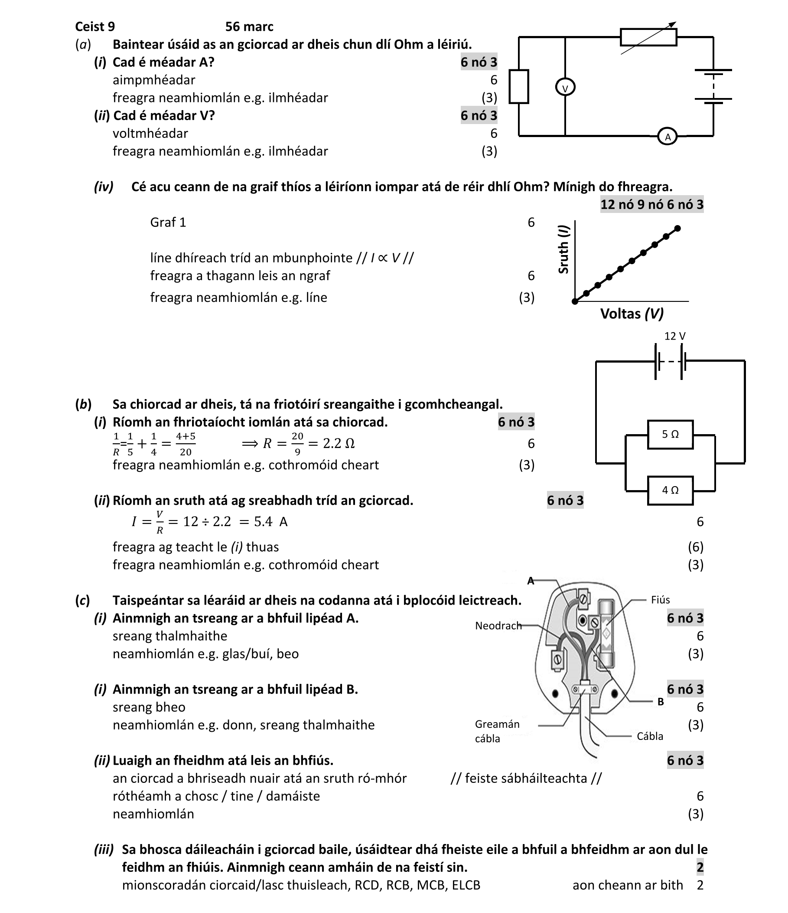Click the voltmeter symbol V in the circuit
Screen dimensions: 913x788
click(x=565, y=88)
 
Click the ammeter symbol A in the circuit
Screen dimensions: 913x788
click(x=668, y=137)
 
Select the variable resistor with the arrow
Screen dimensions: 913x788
click(x=648, y=37)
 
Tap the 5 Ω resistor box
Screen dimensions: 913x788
click(x=670, y=435)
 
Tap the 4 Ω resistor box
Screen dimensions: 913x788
click(x=670, y=491)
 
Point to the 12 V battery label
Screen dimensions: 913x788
click(x=674, y=336)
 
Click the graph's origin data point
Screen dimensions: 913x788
click(x=575, y=301)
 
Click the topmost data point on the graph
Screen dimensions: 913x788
click(x=677, y=228)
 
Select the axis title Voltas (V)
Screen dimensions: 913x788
click(x=632, y=314)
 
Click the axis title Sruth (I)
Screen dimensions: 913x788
click(x=563, y=249)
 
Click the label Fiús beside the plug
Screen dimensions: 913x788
click(x=660, y=600)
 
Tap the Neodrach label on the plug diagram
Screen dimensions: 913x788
click(x=498, y=626)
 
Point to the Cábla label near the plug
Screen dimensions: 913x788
click(x=650, y=736)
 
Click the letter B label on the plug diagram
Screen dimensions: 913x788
click(x=660, y=702)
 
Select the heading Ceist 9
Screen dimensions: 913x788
click(x=94, y=26)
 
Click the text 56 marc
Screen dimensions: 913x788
click(x=249, y=26)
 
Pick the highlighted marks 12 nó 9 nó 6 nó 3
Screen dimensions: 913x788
click(x=651, y=204)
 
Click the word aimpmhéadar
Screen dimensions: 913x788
click(x=154, y=80)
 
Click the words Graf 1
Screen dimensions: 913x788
click(x=168, y=222)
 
